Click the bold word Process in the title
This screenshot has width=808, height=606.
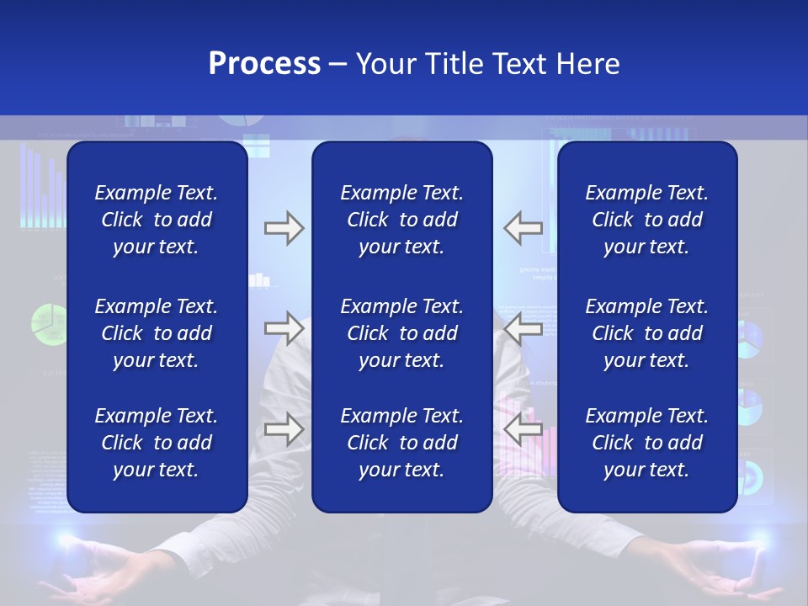(x=264, y=64)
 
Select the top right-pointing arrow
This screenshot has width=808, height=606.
(x=284, y=228)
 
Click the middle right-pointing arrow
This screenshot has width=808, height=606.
(x=284, y=328)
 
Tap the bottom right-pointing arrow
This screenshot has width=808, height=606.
(x=284, y=429)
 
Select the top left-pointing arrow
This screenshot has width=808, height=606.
(x=524, y=228)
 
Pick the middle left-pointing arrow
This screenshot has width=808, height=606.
(x=524, y=328)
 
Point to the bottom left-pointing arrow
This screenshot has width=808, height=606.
(x=524, y=429)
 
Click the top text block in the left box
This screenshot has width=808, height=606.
(x=157, y=220)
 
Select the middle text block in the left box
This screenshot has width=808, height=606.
(x=157, y=333)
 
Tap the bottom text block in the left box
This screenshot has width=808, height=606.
(x=157, y=443)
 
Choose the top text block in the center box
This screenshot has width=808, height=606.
(x=401, y=220)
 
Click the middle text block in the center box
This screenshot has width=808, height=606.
(x=401, y=333)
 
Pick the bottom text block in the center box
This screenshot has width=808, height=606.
(x=401, y=443)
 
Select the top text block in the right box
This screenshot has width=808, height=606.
(x=646, y=220)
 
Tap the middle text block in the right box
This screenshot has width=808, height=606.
(x=646, y=333)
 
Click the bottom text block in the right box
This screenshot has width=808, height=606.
(x=646, y=443)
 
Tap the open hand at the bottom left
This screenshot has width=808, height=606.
(x=80, y=572)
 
